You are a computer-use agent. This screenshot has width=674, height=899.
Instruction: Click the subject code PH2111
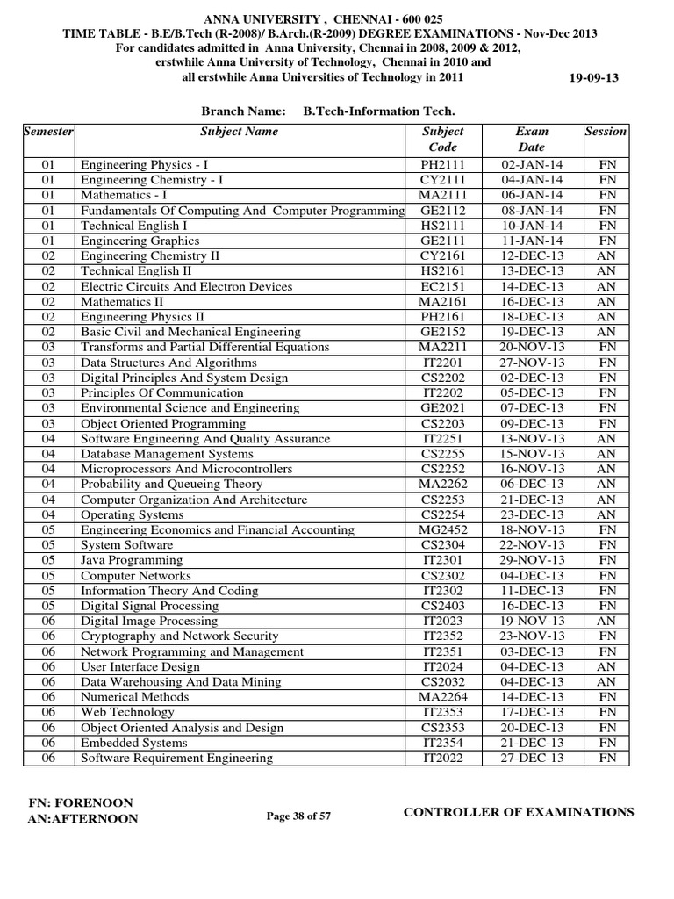coord(442,164)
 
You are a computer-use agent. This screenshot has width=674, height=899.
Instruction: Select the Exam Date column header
coord(531,140)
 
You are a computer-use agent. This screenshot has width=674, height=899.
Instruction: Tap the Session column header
coord(606,132)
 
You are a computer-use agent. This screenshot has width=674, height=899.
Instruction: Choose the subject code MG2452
coord(442,529)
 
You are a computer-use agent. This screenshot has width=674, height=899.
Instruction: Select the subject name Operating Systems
coord(133,514)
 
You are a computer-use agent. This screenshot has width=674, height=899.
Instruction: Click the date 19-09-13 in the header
coord(594,77)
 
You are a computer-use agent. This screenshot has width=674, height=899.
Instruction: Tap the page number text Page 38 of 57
coord(298,816)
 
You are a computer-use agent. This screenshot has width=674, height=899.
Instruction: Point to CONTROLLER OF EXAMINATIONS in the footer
coord(518,812)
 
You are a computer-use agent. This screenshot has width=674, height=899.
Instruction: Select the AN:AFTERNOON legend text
coord(83,819)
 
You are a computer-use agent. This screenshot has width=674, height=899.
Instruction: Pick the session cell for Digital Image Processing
coord(606,621)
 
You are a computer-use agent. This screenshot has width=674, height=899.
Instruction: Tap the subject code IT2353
coord(442,712)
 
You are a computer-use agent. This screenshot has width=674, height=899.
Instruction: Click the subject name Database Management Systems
coord(167,454)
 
